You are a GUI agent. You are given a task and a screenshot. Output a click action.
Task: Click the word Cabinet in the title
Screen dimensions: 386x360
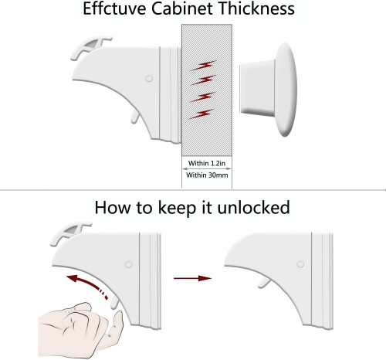point(182,8)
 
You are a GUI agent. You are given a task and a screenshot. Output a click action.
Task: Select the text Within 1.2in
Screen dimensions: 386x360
point(207,163)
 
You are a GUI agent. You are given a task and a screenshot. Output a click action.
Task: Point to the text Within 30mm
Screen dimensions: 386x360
point(207,175)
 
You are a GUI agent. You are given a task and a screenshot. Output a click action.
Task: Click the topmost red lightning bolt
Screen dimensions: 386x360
point(203,66)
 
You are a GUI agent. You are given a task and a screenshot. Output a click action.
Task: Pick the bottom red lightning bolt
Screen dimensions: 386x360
point(201,114)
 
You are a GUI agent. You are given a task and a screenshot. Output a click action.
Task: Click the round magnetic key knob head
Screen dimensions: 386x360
point(286,90)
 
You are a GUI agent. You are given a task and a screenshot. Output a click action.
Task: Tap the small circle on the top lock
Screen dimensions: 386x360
point(149,78)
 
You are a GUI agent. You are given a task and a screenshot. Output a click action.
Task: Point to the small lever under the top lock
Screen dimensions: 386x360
point(135,117)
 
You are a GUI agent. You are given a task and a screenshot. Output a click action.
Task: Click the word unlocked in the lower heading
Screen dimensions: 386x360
point(253,208)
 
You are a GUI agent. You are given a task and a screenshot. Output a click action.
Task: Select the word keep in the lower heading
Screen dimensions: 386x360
point(177,209)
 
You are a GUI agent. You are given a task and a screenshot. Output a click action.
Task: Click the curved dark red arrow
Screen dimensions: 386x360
point(87,285)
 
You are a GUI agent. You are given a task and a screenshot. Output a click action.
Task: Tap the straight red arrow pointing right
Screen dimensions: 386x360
point(192,278)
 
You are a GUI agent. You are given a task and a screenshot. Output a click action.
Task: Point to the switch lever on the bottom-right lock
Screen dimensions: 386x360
point(265,284)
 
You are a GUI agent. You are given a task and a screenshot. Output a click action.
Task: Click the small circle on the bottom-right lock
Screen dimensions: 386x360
point(300,264)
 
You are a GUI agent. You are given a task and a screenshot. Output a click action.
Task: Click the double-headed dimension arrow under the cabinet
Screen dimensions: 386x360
point(207,169)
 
